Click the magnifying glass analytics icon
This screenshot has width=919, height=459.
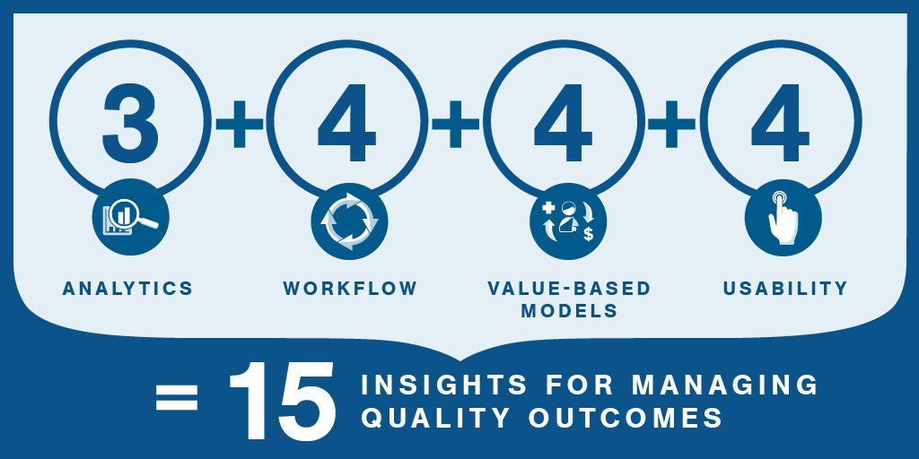point(130,217)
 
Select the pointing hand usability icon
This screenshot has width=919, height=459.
point(783,219)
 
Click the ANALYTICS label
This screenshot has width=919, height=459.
point(127,289)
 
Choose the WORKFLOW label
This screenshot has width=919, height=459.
point(350,289)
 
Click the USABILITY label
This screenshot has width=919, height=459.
point(784,289)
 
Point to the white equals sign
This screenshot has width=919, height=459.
point(177,398)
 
